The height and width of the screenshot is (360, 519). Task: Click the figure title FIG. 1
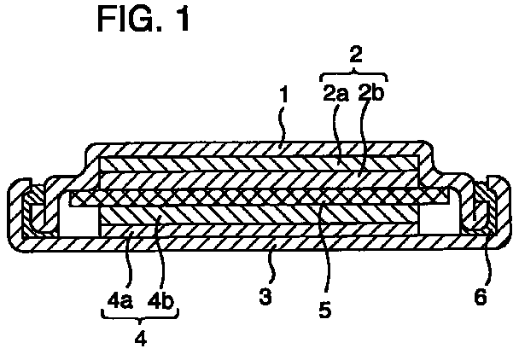pyautogui.click(x=143, y=19)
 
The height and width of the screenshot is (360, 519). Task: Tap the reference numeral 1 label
pyautogui.click(x=283, y=96)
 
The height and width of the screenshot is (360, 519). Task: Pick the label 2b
pyautogui.click(x=370, y=93)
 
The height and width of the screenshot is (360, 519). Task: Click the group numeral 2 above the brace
pyautogui.click(x=356, y=55)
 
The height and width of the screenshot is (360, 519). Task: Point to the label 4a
pyautogui.click(x=120, y=300)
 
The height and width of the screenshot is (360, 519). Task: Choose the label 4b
pyautogui.click(x=160, y=300)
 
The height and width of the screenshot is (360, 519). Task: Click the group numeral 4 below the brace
pyautogui.click(x=141, y=338)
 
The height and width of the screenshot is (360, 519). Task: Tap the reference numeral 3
pyautogui.click(x=265, y=296)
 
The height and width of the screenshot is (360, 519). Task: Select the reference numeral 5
pyautogui.click(x=324, y=310)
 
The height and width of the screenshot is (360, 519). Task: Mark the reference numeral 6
pyautogui.click(x=481, y=296)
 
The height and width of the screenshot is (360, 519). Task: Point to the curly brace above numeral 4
pyautogui.click(x=140, y=314)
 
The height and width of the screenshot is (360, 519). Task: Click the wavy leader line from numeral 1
pyautogui.click(x=283, y=125)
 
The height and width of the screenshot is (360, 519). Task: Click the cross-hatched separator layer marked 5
pyautogui.click(x=258, y=198)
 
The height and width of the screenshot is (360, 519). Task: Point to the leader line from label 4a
pyautogui.click(x=131, y=261)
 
